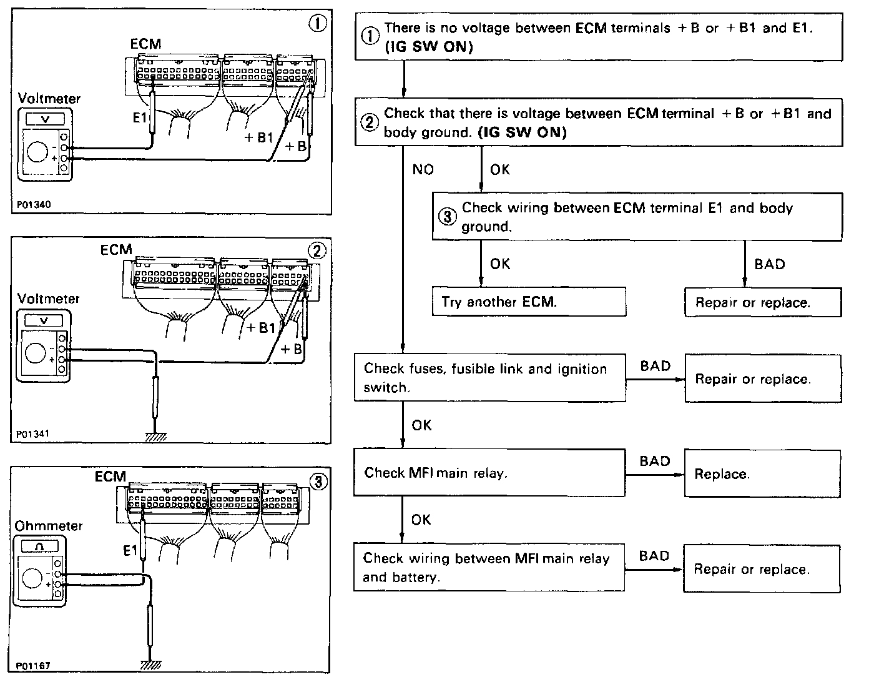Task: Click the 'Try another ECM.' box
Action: click(x=529, y=302)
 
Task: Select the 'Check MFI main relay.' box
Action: click(x=489, y=473)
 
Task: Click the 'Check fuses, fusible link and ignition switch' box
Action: click(x=489, y=378)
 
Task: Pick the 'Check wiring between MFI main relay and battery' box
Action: click(x=489, y=568)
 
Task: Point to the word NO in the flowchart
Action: click(x=423, y=169)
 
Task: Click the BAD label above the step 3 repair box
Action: click(x=769, y=264)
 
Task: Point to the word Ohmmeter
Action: click(x=49, y=526)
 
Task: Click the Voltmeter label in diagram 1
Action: click(x=49, y=99)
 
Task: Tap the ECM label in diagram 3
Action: click(x=110, y=477)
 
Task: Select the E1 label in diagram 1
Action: click(x=139, y=118)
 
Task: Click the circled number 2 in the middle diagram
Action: click(x=317, y=250)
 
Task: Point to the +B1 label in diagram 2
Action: click(x=261, y=328)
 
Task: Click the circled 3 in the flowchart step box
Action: click(x=447, y=217)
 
